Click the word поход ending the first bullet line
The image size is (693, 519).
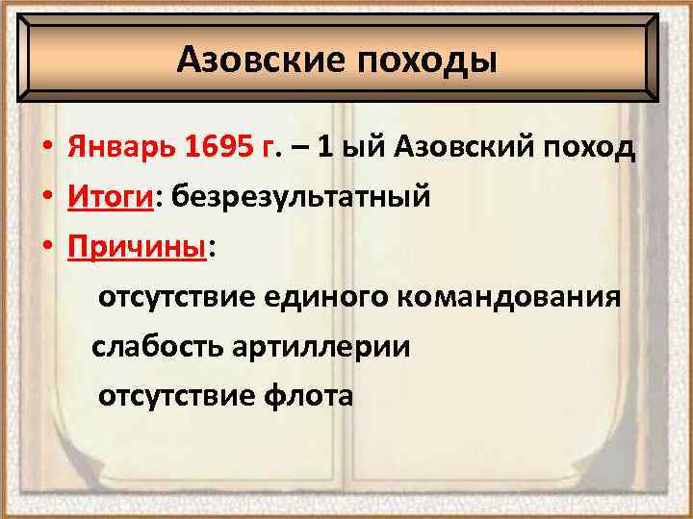pyautogui.click(x=589, y=150)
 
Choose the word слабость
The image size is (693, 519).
pyautogui.click(x=157, y=346)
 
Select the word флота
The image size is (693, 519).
pyautogui.click(x=307, y=395)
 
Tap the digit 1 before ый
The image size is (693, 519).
pyautogui.click(x=325, y=150)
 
